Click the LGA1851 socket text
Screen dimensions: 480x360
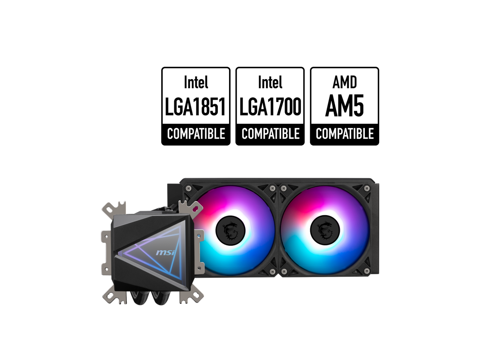(195, 106)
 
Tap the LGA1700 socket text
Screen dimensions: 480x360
(270, 106)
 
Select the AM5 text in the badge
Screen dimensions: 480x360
(344, 106)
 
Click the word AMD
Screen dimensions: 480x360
(344, 82)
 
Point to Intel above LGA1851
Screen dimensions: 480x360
(195, 82)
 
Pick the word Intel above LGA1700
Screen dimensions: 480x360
(270, 82)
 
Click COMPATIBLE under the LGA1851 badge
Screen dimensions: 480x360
(196, 134)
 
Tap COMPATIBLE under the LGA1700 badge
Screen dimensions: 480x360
(270, 134)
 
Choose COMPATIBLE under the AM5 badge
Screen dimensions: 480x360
(345, 134)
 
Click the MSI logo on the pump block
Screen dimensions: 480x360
(165, 254)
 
